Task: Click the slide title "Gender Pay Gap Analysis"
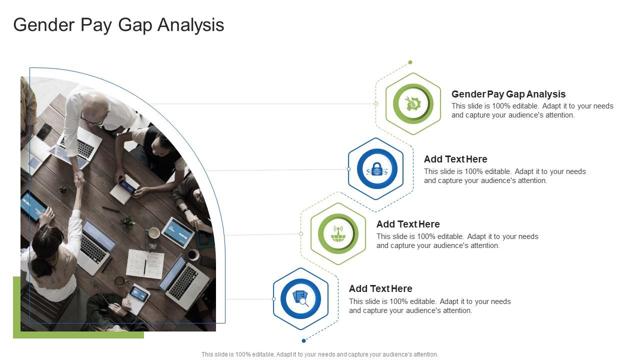118,24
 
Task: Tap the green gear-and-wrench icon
413,103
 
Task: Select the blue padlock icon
377,169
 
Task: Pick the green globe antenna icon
338,233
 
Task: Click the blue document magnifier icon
300,298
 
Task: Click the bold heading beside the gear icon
508,94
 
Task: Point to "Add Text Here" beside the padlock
455,159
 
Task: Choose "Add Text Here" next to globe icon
408,224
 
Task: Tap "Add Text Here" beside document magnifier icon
380,288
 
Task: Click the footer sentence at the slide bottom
319,354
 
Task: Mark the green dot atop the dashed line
410,62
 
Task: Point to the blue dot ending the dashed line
303,340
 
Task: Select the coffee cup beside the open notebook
154,232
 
